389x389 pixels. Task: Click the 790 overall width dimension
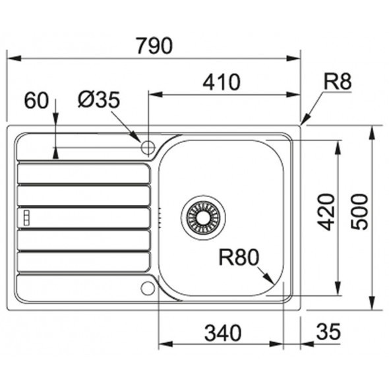pyautogui.click(x=154, y=45)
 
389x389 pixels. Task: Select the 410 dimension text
pyautogui.click(x=222, y=82)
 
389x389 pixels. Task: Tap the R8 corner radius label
pyautogui.click(x=338, y=82)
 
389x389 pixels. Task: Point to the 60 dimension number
pyautogui.click(x=36, y=100)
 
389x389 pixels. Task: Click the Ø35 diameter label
pyautogui.click(x=99, y=100)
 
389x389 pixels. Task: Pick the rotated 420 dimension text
pyautogui.click(x=326, y=212)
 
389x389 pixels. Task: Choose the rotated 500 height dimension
pyautogui.click(x=359, y=212)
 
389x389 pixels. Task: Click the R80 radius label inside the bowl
pyautogui.click(x=239, y=257)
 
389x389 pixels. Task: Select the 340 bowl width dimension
pyautogui.click(x=223, y=333)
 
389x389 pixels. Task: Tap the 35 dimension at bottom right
pyautogui.click(x=328, y=332)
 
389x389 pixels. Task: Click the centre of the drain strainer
pyautogui.click(x=204, y=218)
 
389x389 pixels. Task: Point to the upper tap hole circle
pyautogui.click(x=148, y=148)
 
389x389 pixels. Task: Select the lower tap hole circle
pyautogui.click(x=148, y=288)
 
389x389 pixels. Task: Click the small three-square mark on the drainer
pyautogui.click(x=26, y=218)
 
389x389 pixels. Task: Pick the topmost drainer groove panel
pyautogui.click(x=84, y=173)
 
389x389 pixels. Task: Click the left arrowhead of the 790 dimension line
pyautogui.click(x=14, y=59)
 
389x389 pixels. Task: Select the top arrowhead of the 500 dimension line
pyautogui.click(x=372, y=133)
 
